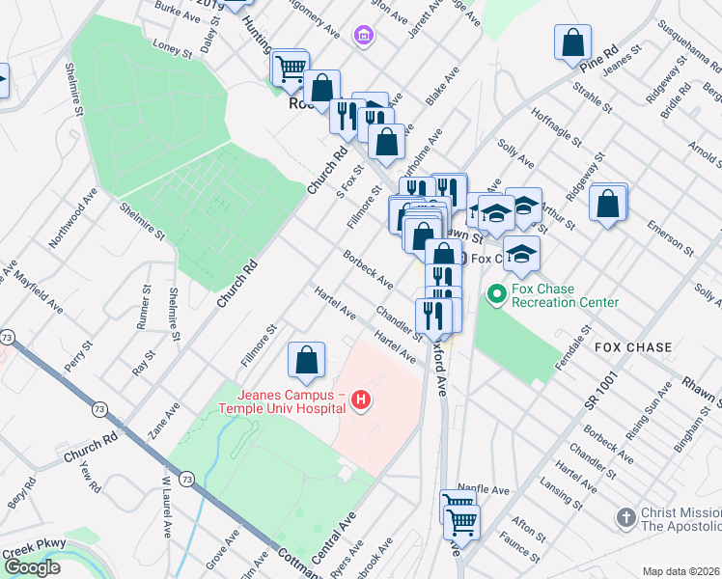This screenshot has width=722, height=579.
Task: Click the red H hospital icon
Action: click(x=362, y=399)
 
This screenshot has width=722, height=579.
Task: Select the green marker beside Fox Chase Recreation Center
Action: click(x=497, y=291)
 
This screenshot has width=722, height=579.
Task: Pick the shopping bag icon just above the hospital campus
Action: click(x=306, y=361)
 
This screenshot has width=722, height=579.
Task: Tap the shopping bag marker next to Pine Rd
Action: click(x=572, y=42)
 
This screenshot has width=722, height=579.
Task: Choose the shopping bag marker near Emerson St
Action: click(x=608, y=203)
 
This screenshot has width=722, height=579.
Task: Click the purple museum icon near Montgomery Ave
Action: click(x=364, y=37)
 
